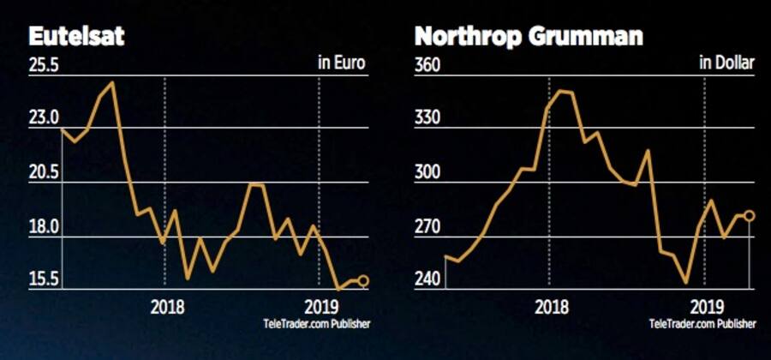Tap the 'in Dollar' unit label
[x=726, y=63]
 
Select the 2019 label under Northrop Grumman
[x=704, y=307]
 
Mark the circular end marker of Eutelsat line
[x=363, y=280]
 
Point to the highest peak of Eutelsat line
[x=113, y=82]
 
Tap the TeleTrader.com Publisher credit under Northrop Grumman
[x=702, y=323]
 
